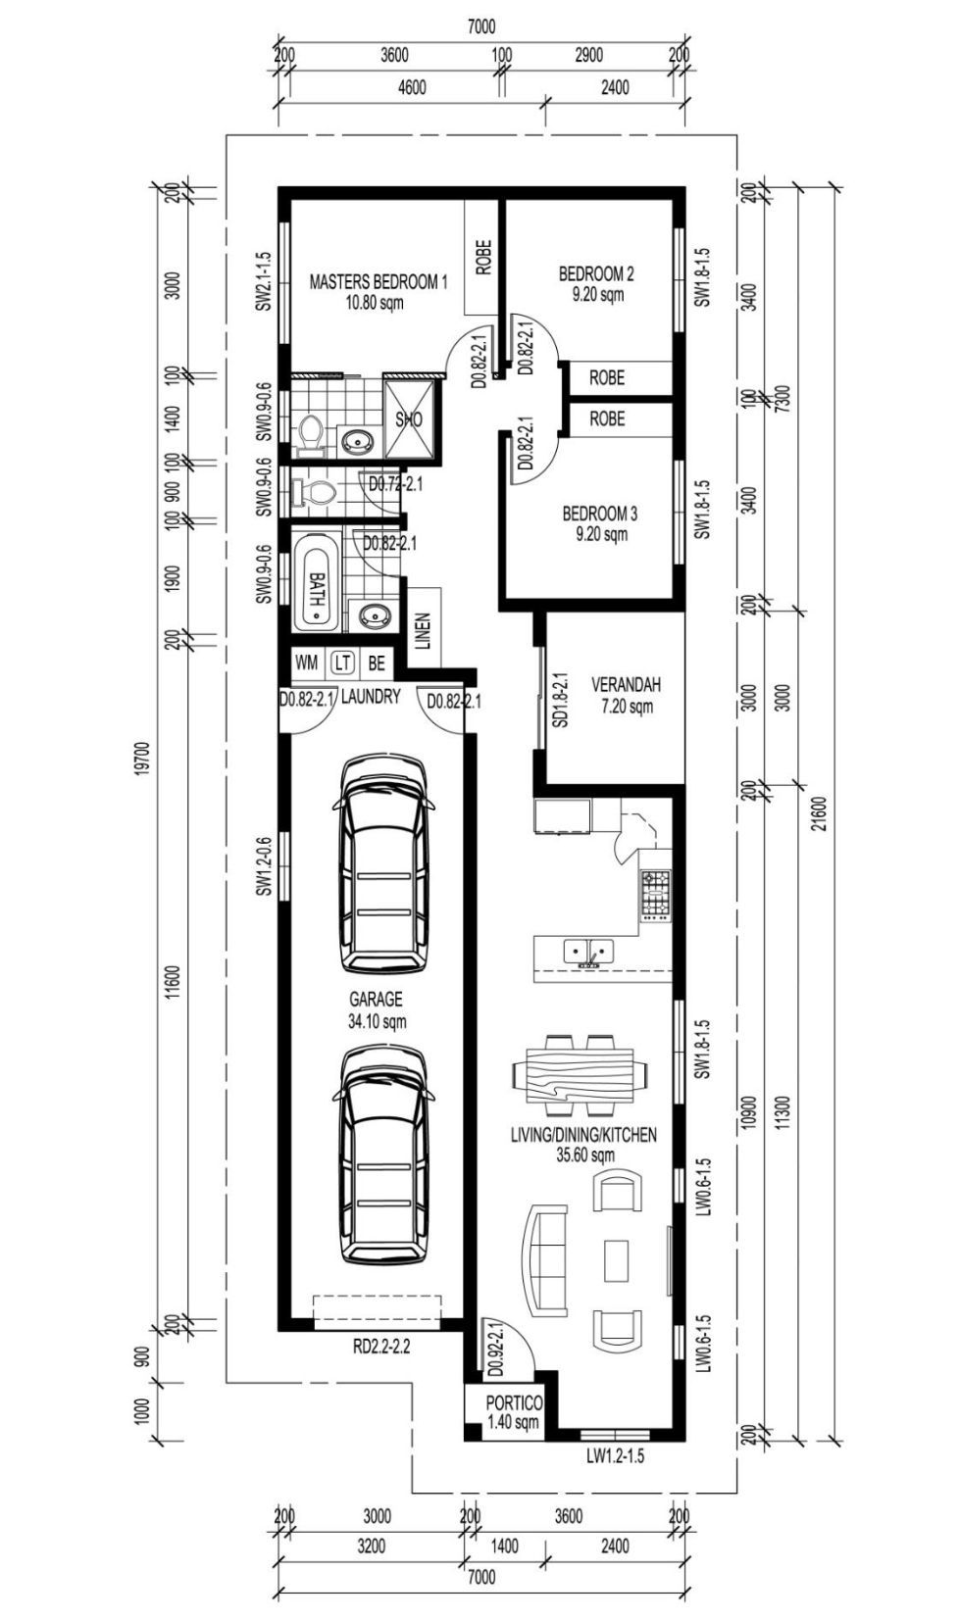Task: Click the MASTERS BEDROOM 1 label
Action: (378, 282)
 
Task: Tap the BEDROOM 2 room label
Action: (596, 274)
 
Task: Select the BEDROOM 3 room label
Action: (600, 515)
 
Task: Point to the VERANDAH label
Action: (626, 684)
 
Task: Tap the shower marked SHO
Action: (409, 419)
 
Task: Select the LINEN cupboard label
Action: (425, 630)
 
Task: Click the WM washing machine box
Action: (306, 663)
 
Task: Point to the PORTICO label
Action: (514, 1403)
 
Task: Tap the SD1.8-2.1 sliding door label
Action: (561, 700)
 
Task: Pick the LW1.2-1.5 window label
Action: (615, 1455)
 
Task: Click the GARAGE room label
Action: (376, 999)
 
